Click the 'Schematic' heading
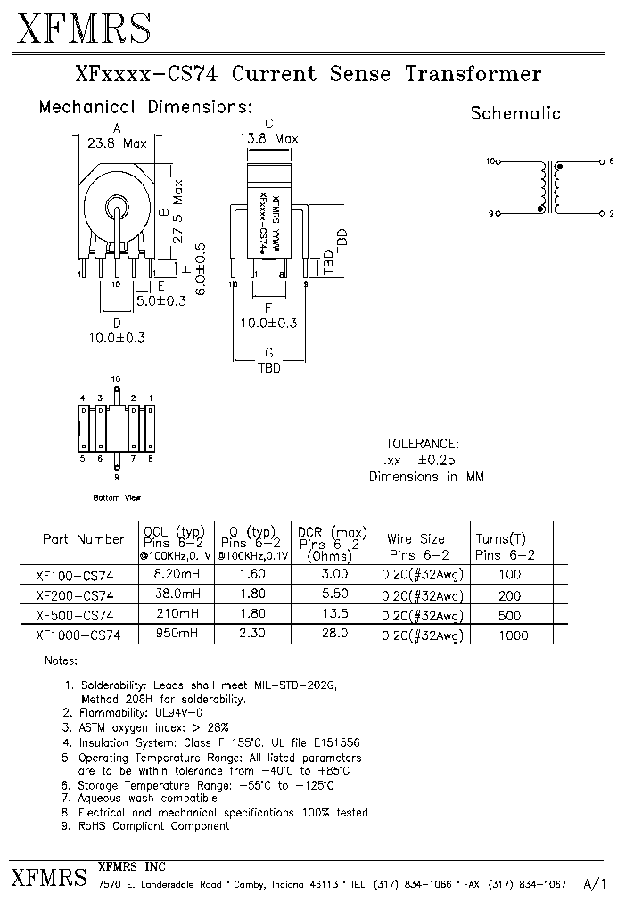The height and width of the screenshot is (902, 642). (x=515, y=113)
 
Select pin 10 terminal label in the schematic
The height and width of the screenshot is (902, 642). (x=490, y=161)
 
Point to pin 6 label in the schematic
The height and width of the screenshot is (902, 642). (x=611, y=161)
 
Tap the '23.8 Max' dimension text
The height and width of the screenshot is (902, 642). (x=117, y=142)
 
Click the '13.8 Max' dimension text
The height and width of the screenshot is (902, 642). (x=268, y=138)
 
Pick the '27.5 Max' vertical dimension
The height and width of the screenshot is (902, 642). (x=178, y=211)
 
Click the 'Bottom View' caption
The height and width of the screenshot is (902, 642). (x=117, y=497)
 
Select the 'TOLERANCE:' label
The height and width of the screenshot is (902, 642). (x=423, y=443)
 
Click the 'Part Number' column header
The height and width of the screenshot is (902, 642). (x=83, y=539)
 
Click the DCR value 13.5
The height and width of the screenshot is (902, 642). (x=333, y=614)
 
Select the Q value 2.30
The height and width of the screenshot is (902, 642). (x=254, y=634)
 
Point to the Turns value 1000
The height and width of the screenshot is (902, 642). (x=513, y=635)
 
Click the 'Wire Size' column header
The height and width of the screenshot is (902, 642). (x=416, y=539)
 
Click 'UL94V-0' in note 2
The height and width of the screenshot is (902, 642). (x=185, y=712)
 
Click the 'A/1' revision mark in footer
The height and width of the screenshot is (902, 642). (x=594, y=883)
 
